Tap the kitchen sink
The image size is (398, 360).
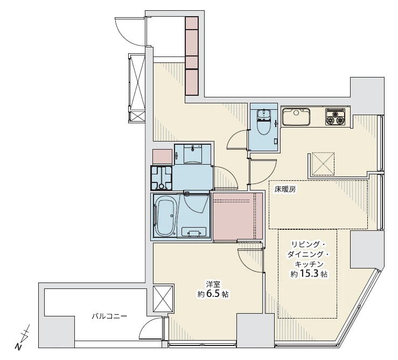(296, 117)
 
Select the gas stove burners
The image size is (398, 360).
(336, 117)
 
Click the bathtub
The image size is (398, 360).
(165, 216)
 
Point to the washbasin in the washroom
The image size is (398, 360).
(193, 154)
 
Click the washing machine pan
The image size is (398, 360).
(162, 178)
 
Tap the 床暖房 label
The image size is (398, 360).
(285, 189)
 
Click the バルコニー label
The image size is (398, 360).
(109, 316)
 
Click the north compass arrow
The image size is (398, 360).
(23, 337)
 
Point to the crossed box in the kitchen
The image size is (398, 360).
(323, 164)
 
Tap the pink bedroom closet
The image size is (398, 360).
(238, 216)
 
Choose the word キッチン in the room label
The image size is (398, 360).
(309, 264)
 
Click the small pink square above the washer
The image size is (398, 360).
(163, 157)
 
